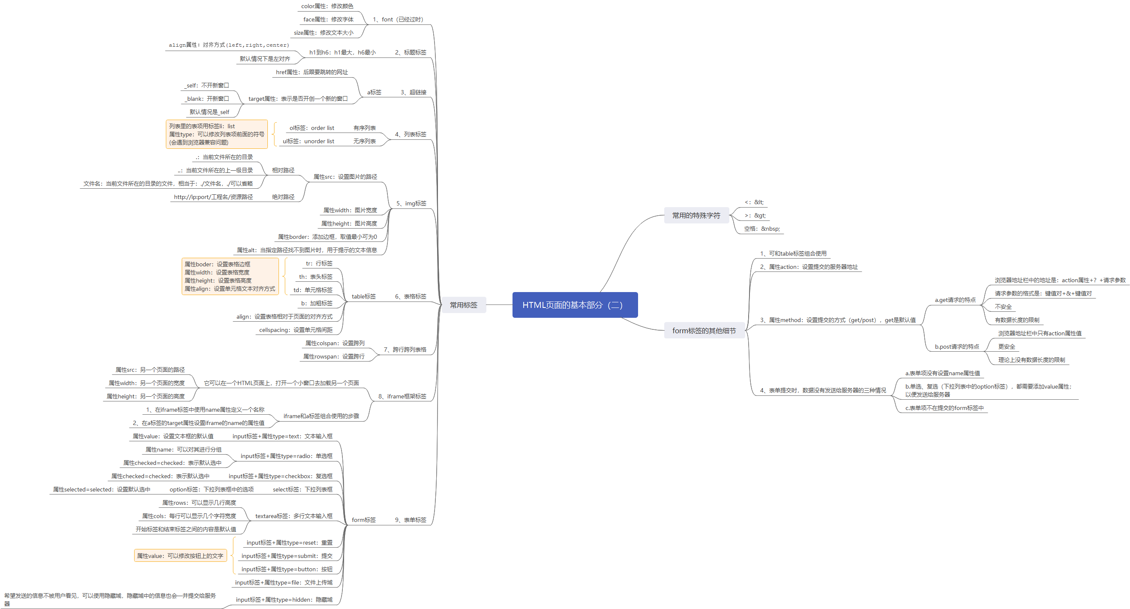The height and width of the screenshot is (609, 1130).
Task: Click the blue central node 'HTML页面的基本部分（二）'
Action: pos(575,305)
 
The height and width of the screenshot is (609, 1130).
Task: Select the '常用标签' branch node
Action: pos(463,305)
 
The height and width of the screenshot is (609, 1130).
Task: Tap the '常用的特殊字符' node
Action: pos(696,215)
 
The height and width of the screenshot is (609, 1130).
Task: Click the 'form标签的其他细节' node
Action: pos(704,331)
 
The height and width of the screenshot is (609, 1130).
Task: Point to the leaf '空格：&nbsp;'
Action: pos(761,229)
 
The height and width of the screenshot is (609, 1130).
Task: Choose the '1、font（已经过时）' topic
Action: pos(398,19)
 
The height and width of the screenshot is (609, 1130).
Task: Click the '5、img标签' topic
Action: pos(411,203)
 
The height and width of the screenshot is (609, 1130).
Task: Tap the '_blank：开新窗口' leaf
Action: pos(207,99)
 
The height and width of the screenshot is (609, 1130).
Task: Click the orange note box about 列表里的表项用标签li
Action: pos(217,134)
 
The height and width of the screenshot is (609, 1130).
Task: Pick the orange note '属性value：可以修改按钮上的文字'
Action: pos(180,555)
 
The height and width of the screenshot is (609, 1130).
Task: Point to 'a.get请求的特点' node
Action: pos(955,300)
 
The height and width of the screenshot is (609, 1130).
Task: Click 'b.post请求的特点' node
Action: pos(956,347)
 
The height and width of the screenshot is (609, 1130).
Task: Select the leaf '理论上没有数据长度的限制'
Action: pos(1031,359)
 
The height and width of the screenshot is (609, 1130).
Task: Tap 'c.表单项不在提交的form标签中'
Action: pos(944,408)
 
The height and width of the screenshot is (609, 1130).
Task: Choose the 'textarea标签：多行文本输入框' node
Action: pos(294,516)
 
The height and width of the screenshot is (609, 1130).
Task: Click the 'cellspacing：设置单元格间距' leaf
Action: pos(296,330)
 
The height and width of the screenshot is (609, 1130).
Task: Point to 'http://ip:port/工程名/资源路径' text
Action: pos(213,197)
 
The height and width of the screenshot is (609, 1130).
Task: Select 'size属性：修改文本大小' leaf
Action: pos(323,33)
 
